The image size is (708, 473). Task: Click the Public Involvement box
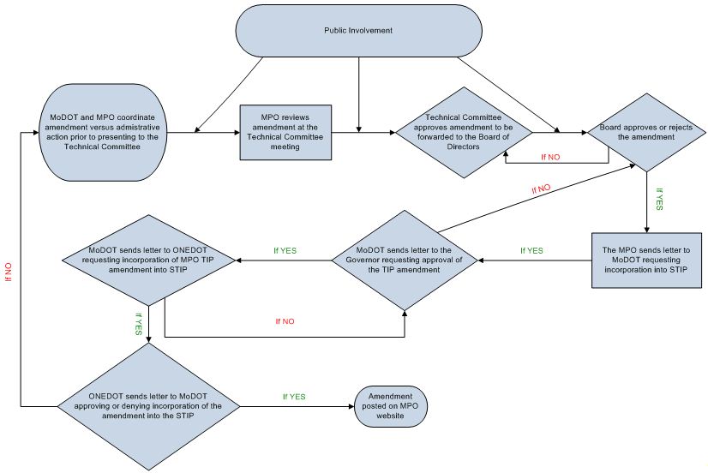point(358,31)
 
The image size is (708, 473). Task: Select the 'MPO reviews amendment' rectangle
point(285,132)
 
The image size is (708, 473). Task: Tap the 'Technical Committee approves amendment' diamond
point(464,132)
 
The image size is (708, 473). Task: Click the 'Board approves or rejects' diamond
point(646,132)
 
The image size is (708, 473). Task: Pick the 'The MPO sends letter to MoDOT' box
point(646,260)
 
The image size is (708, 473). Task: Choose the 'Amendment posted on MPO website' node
point(391,406)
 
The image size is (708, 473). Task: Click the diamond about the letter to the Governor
point(405,260)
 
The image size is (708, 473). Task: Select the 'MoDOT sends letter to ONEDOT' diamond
point(148,260)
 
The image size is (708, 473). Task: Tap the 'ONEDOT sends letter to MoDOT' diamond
point(148,406)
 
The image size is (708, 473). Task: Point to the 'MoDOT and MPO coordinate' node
point(103,132)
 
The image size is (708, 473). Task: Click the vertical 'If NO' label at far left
point(9,272)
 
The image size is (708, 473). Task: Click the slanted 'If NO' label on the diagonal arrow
point(541,189)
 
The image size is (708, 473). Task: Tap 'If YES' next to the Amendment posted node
point(294,397)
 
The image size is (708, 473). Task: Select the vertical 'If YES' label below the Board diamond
point(659,199)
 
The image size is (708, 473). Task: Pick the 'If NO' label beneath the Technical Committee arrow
point(550,157)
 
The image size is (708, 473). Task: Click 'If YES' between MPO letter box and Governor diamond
point(532,250)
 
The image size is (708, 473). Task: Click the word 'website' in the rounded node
point(390,416)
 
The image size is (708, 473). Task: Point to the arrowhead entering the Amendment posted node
point(351,406)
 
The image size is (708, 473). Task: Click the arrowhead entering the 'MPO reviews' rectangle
point(237,132)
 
